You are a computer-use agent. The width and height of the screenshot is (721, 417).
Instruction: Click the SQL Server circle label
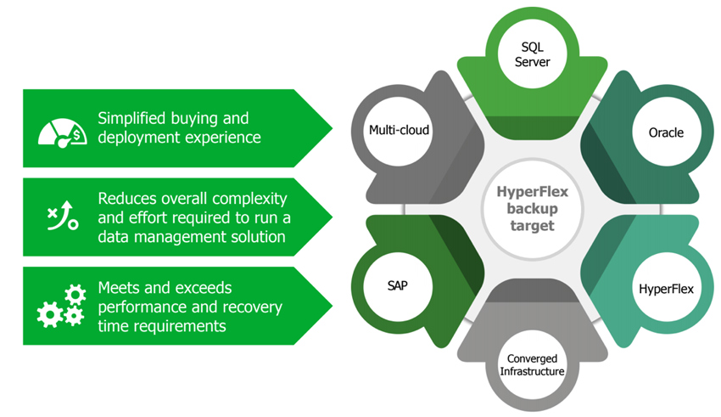click(532, 54)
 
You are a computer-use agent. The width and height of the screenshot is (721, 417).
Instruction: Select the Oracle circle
click(666, 132)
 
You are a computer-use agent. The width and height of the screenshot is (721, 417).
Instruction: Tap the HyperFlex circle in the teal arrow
click(666, 288)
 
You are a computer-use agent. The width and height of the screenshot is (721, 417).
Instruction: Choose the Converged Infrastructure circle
click(532, 365)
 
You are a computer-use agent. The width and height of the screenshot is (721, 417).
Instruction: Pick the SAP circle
click(398, 286)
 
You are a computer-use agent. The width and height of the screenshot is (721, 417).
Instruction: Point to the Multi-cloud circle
click(398, 131)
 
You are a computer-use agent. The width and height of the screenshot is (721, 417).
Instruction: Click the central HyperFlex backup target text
click(533, 209)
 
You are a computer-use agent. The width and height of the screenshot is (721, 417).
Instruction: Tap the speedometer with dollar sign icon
click(62, 133)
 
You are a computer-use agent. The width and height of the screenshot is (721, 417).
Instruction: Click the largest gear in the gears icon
click(50, 314)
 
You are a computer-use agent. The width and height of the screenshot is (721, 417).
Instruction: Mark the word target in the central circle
click(533, 226)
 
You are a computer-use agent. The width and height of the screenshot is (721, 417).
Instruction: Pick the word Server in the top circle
click(532, 62)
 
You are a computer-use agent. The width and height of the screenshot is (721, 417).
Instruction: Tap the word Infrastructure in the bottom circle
click(532, 371)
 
